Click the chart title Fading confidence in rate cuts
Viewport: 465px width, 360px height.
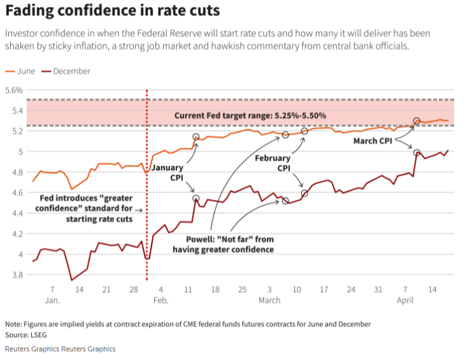tap(112, 11)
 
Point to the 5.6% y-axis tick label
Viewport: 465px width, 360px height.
tap(14, 90)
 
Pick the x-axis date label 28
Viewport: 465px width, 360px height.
tap(134, 289)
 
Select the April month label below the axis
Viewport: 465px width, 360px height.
tap(406, 299)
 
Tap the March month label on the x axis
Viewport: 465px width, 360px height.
tap(269, 299)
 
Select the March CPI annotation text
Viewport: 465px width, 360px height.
tap(373, 140)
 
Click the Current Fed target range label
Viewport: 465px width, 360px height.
tap(250, 116)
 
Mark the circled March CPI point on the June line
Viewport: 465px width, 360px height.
tap(417, 120)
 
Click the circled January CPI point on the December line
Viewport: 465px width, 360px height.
tap(196, 199)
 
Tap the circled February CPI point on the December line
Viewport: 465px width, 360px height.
tap(304, 192)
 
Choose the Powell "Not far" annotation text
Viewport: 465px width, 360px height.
tap(223, 244)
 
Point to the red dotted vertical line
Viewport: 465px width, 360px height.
tap(147, 191)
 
